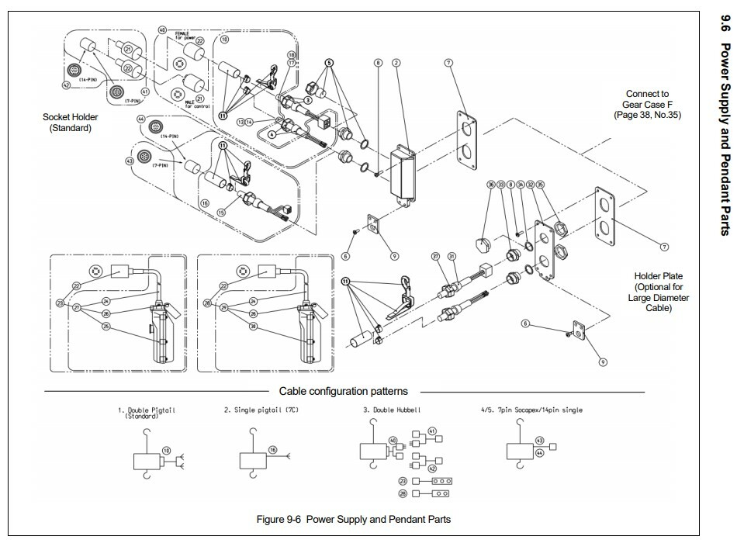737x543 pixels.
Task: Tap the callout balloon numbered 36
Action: [491, 185]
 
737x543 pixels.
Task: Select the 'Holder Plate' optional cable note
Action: [661, 292]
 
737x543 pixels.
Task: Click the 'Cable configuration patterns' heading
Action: [343, 391]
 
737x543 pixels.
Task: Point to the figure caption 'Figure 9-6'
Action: [353, 518]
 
